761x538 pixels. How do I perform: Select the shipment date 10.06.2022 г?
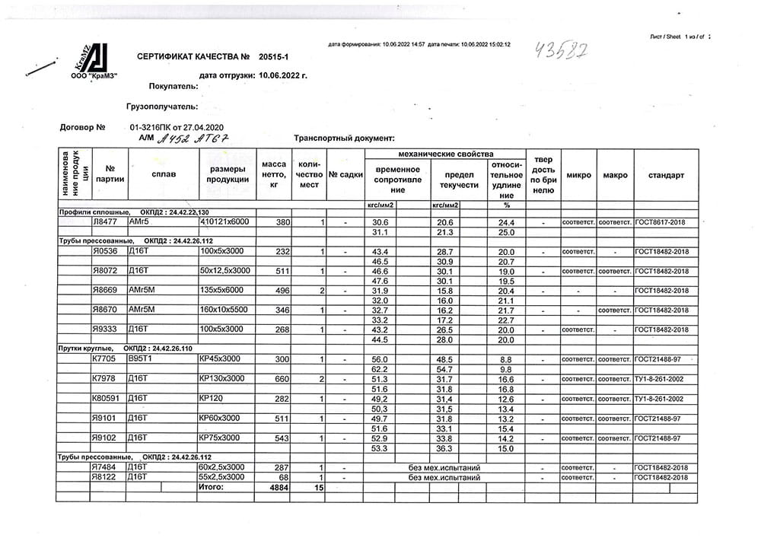(283, 75)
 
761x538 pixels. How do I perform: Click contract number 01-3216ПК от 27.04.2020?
(177, 127)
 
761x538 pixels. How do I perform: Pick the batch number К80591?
(106, 398)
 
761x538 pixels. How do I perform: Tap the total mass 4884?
(280, 487)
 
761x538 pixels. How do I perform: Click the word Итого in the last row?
(211, 486)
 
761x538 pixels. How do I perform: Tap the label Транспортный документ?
(344, 138)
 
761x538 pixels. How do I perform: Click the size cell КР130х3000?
(221, 378)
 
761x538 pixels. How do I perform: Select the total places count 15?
(319, 487)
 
